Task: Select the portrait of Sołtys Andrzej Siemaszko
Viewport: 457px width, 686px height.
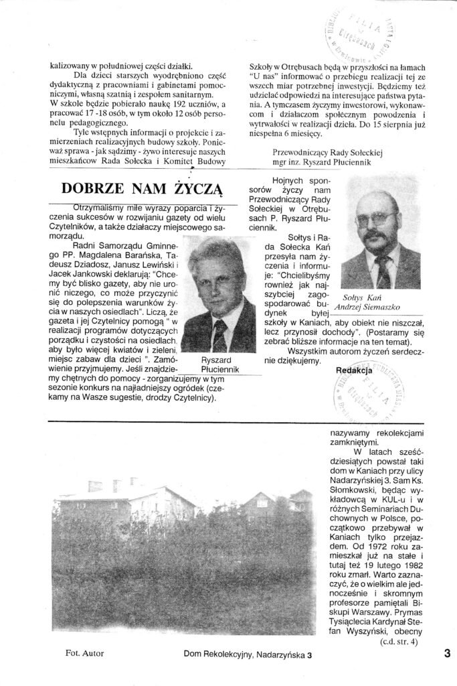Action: pyautogui.click(x=381, y=239)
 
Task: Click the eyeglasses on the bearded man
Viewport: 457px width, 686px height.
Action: pyautogui.click(x=377, y=219)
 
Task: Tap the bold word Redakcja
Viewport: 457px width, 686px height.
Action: pyautogui.click(x=353, y=369)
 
